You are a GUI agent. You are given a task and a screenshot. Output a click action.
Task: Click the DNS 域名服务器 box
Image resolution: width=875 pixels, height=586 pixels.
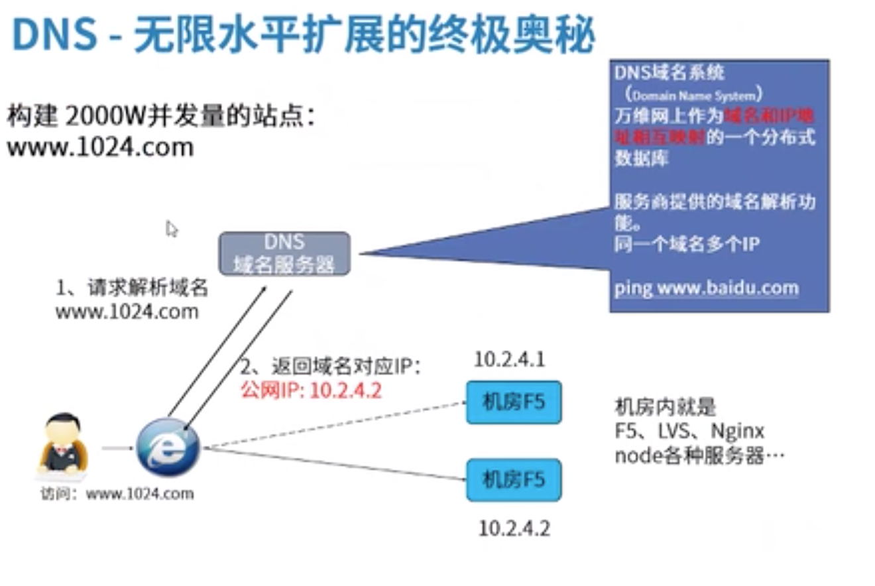tap(284, 253)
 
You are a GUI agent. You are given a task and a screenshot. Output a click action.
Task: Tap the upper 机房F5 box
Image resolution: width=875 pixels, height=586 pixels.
tap(514, 402)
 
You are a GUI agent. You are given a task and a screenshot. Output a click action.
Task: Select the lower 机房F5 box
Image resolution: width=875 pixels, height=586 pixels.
tap(514, 479)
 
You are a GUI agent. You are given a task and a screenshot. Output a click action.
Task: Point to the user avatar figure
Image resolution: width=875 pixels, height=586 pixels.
tap(63, 444)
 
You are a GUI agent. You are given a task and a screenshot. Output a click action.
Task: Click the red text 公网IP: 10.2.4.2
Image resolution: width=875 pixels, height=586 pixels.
tap(311, 390)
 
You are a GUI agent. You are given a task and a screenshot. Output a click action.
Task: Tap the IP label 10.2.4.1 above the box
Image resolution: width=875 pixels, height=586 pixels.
tap(509, 359)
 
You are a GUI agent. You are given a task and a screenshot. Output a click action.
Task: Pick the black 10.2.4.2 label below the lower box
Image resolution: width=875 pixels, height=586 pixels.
tap(514, 528)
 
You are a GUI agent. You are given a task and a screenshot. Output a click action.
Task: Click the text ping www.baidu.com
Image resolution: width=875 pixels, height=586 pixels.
tap(706, 288)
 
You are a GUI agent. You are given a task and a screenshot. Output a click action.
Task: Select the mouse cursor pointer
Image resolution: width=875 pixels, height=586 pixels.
tap(172, 229)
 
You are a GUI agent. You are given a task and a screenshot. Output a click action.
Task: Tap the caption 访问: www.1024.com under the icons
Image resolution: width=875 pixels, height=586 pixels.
tap(117, 493)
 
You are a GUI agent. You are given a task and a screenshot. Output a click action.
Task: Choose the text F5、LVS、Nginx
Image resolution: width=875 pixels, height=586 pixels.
tap(689, 432)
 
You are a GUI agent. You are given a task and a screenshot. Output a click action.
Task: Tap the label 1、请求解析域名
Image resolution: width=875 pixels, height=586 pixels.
tap(132, 288)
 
